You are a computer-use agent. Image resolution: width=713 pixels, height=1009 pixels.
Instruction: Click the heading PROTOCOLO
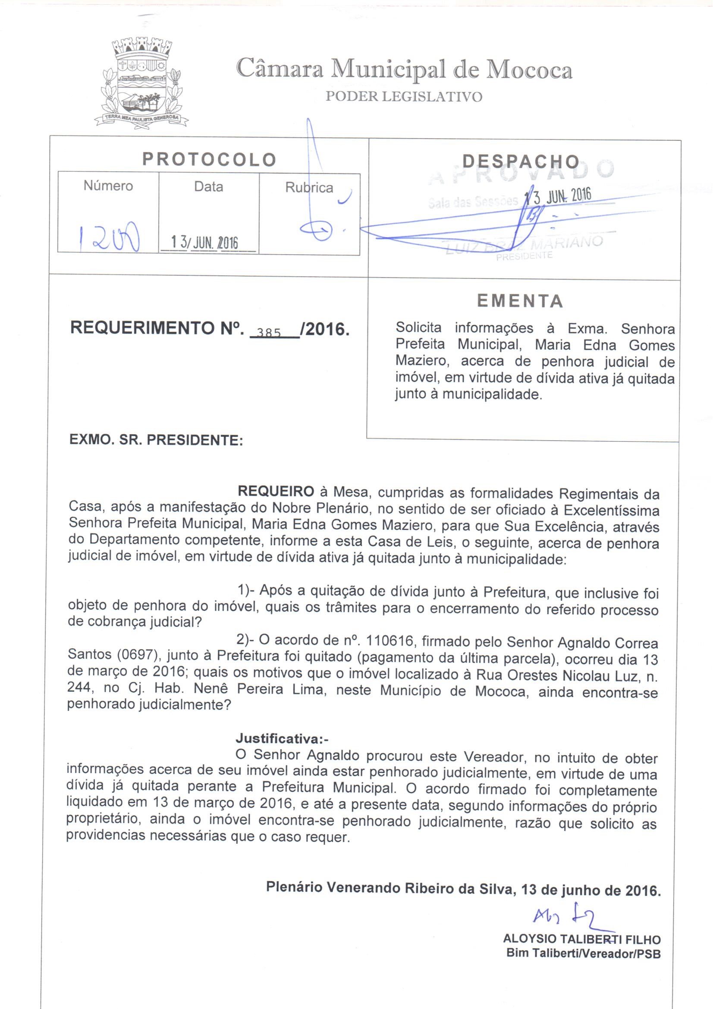[209, 160]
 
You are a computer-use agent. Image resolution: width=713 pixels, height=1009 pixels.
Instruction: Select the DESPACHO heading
[521, 162]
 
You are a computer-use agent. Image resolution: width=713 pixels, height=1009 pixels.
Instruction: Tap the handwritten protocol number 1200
[109, 238]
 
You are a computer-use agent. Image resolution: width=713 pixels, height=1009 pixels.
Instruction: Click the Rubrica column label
[309, 188]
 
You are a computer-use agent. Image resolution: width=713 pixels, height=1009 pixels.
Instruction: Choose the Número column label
[108, 186]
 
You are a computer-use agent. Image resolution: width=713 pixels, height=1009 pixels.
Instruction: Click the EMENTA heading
[520, 301]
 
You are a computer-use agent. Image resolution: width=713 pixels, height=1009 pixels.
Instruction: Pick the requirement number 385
[268, 333]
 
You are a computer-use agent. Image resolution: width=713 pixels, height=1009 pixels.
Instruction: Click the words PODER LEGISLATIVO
[403, 96]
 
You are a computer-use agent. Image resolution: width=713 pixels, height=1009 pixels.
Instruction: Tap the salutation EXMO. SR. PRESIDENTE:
[156, 440]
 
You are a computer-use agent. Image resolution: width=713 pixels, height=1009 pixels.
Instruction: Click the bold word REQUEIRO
[276, 491]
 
